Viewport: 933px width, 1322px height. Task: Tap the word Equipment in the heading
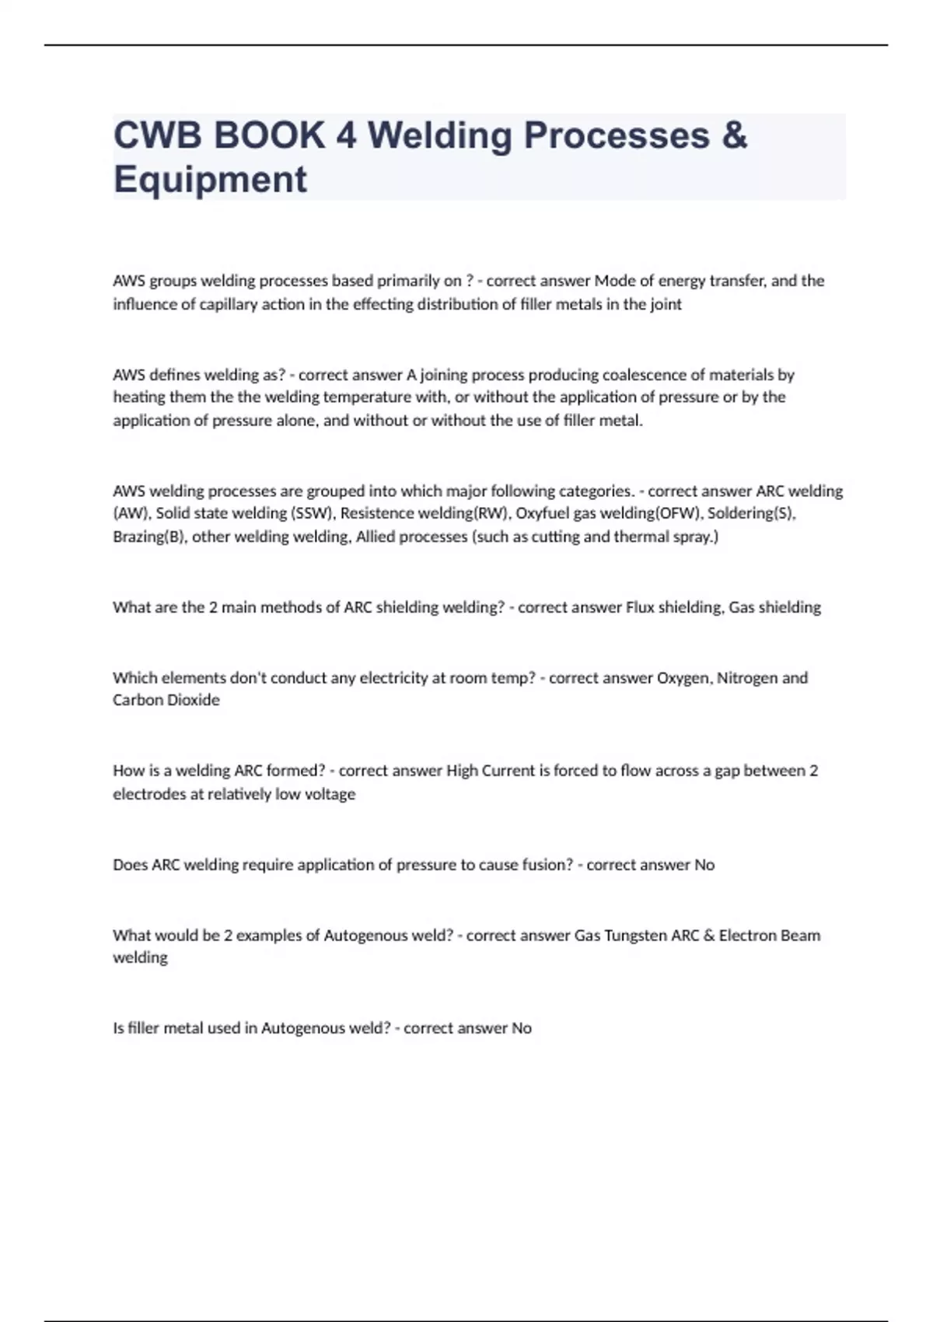210,180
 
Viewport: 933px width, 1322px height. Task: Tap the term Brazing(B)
149,537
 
